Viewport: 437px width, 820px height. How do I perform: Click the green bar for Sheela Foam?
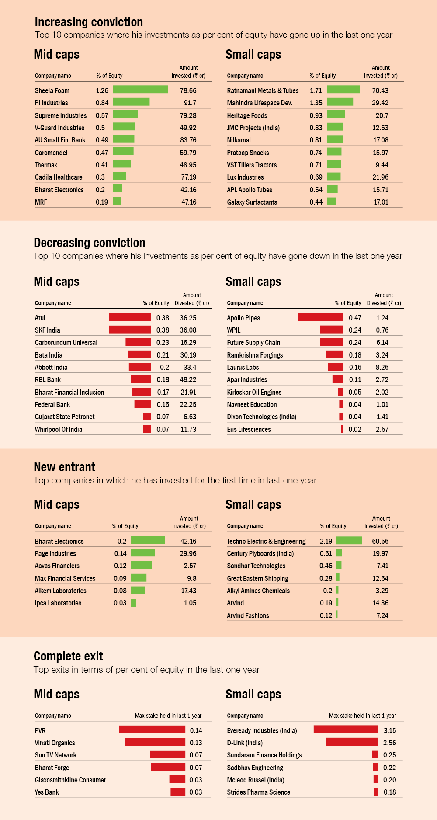[140, 90]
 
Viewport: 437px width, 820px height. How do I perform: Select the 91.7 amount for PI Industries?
[190, 103]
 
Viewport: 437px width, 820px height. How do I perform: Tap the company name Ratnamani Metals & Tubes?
[263, 90]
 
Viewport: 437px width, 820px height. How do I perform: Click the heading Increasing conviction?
[89, 22]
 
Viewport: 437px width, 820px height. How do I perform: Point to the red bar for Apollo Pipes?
[320, 317]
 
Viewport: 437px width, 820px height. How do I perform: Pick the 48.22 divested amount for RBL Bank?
[188, 379]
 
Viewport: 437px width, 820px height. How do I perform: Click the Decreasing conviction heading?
[90, 243]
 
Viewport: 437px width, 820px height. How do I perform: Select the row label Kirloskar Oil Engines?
[254, 392]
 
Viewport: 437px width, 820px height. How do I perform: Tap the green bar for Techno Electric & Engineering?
[349, 540]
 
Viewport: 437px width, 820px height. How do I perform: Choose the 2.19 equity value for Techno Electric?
[326, 541]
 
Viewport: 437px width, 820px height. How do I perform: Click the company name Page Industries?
[55, 553]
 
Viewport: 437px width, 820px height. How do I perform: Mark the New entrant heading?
[64, 467]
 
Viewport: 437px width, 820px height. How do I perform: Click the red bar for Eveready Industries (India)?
[345, 729]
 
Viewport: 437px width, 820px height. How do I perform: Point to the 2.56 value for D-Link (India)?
[389, 743]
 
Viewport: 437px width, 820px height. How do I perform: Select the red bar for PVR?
[152, 729]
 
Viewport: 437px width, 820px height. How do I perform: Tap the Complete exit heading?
[68, 656]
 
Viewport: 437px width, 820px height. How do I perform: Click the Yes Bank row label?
[47, 792]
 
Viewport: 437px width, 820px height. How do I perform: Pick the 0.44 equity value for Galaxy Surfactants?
[316, 202]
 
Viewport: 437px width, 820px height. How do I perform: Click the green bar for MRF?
[117, 201]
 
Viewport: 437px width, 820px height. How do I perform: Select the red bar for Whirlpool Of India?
[147, 429]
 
